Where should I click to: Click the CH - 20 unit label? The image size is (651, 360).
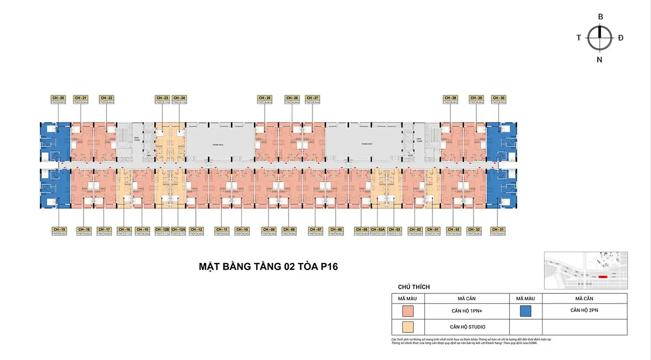(59, 98)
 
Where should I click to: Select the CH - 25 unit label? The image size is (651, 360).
(264, 98)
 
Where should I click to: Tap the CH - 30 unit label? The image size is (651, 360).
(498, 98)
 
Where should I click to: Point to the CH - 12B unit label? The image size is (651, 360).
(163, 229)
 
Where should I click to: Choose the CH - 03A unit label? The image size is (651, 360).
(379, 229)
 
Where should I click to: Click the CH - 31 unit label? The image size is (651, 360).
(498, 229)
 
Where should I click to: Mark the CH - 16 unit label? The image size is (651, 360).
(124, 229)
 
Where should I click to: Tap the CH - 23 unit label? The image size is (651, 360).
(162, 98)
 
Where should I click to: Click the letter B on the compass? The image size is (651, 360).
(601, 17)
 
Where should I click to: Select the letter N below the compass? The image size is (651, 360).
(599, 60)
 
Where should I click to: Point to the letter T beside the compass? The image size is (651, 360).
(579, 38)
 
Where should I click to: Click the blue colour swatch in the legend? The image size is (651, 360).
(525, 311)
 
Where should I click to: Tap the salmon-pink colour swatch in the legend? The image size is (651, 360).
(408, 311)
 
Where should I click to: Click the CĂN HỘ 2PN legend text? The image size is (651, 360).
(584, 310)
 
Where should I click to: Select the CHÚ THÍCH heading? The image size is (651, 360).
(414, 287)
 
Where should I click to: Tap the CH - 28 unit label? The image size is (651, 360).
(450, 98)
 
